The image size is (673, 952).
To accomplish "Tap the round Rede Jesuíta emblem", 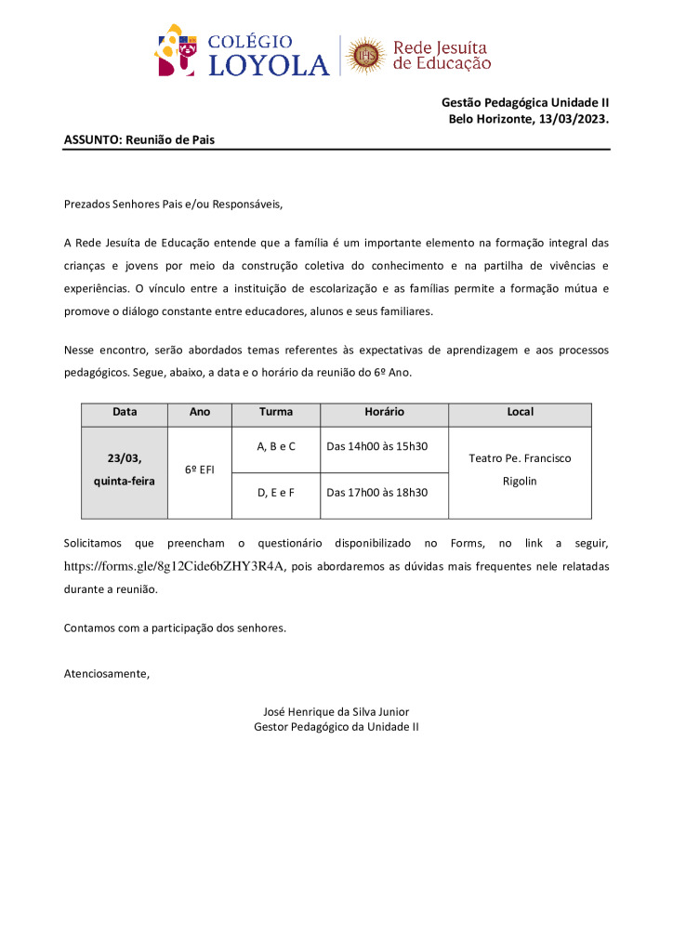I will pyautogui.click(x=365, y=56).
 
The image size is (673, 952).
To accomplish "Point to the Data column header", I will pyautogui.click(x=124, y=412).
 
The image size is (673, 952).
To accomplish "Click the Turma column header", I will pyautogui.click(x=275, y=412).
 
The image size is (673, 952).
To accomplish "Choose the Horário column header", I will pyautogui.click(x=384, y=412).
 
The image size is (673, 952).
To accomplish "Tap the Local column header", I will pyautogui.click(x=520, y=412).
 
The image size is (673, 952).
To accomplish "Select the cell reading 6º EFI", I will pyautogui.click(x=199, y=470).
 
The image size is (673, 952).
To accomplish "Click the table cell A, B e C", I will pyautogui.click(x=275, y=446).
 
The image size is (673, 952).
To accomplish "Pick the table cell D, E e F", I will pyautogui.click(x=275, y=492).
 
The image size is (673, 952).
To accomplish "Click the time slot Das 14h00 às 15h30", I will pyautogui.click(x=377, y=446).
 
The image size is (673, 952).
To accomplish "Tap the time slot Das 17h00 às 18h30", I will pyautogui.click(x=377, y=492).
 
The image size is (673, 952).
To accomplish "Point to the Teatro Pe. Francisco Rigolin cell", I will pyautogui.click(x=520, y=469).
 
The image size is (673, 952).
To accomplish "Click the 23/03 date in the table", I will pyautogui.click(x=124, y=457).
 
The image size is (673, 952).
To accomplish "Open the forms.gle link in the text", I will pyautogui.click(x=173, y=565).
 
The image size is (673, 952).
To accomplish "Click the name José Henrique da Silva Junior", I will pyautogui.click(x=336, y=711).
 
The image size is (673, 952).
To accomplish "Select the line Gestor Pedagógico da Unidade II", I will pyautogui.click(x=336, y=726).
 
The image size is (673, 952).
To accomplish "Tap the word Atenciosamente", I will pyautogui.click(x=106, y=673).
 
